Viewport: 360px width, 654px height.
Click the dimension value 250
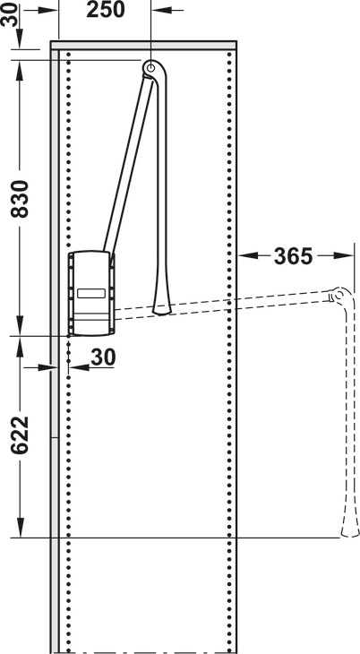(106, 10)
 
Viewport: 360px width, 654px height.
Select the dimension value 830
(20, 199)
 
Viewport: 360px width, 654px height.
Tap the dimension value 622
(20, 435)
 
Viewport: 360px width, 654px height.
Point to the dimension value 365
(293, 256)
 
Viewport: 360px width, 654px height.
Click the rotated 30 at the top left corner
(9, 14)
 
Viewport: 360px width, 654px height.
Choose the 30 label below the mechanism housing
(103, 357)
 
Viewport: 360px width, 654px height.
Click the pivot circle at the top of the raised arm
(150, 66)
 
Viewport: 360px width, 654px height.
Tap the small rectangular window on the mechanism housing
(91, 293)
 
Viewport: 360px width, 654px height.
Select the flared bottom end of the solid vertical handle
(162, 308)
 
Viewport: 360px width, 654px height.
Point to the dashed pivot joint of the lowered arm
(339, 296)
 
